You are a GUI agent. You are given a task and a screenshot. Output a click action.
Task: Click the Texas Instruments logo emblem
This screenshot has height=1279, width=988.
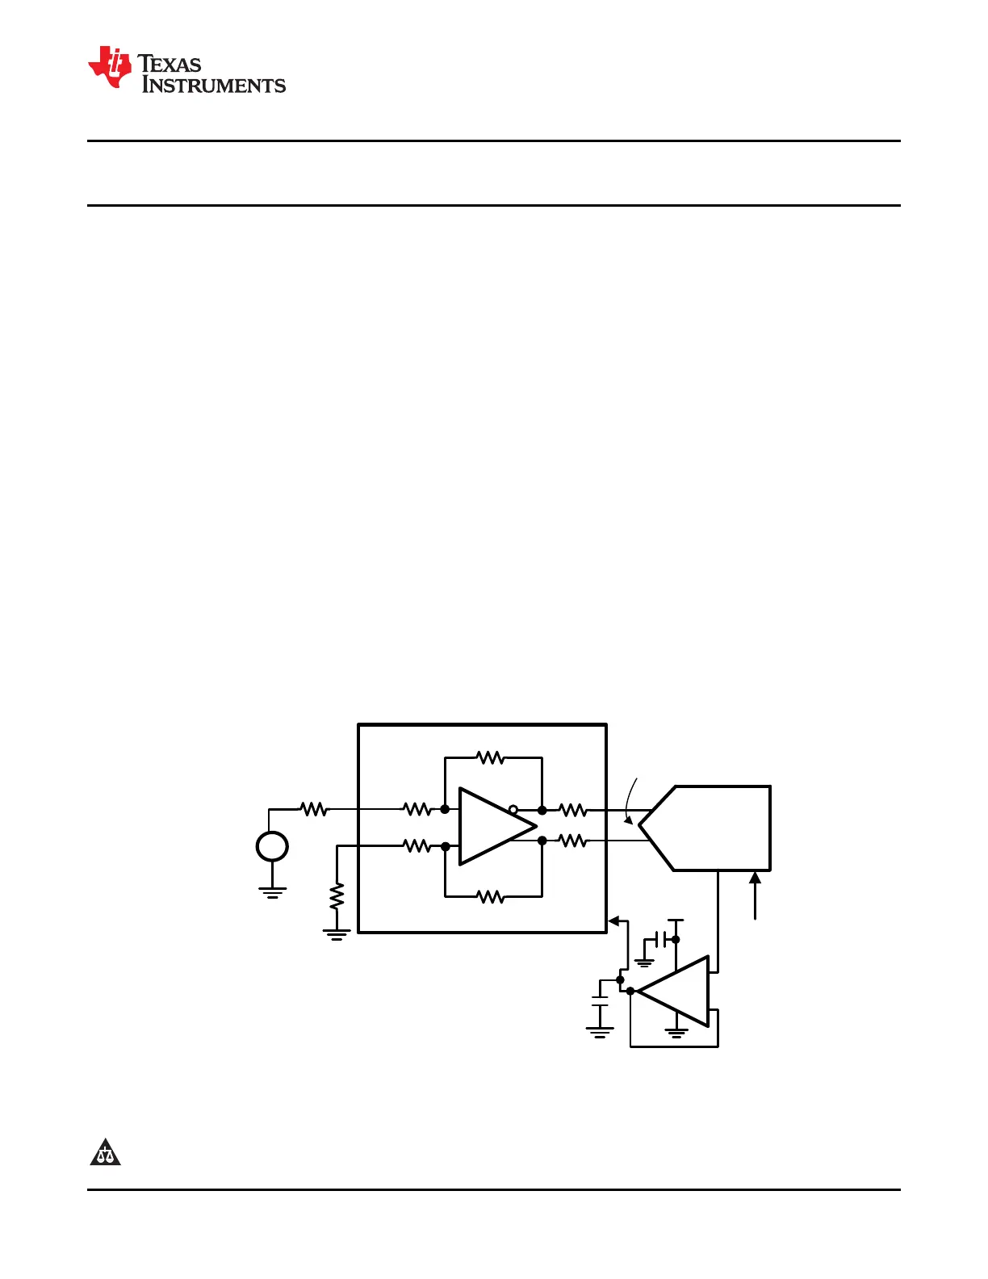110,67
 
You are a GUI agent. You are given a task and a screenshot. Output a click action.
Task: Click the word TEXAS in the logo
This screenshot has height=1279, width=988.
170,64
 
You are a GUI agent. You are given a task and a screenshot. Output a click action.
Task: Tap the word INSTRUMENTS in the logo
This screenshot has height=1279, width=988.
214,85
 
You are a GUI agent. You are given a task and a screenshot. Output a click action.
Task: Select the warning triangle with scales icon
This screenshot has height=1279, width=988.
105,1152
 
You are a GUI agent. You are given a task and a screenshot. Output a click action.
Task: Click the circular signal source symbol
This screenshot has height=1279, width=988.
272,846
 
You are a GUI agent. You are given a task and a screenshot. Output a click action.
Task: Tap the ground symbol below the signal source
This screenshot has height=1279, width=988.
272,891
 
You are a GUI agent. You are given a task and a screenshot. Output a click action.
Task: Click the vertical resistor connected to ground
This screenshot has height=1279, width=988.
337,896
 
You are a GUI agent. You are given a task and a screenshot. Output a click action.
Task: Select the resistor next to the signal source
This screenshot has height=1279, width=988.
314,808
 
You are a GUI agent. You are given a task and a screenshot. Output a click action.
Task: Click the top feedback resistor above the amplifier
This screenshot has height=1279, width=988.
490,757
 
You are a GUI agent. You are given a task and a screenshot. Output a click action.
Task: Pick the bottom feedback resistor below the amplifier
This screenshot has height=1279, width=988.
490,896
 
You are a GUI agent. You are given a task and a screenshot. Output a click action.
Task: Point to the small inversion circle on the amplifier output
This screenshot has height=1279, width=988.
513,809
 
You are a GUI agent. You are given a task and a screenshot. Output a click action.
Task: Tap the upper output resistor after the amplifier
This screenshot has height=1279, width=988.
572,809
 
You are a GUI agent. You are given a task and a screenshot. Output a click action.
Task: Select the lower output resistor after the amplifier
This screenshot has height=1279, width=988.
572,841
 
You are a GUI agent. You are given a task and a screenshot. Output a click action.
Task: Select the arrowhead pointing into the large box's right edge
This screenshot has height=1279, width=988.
613,920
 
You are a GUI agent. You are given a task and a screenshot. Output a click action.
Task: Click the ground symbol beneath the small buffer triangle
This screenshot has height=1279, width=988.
676,1032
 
